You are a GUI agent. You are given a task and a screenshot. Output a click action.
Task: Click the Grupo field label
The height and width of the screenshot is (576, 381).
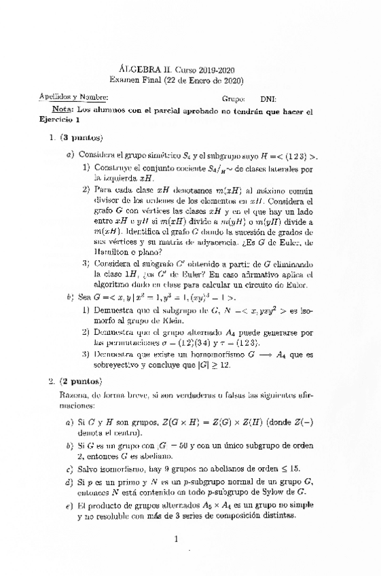point(233,98)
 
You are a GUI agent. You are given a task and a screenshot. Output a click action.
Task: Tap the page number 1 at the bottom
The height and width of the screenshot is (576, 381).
point(175,540)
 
